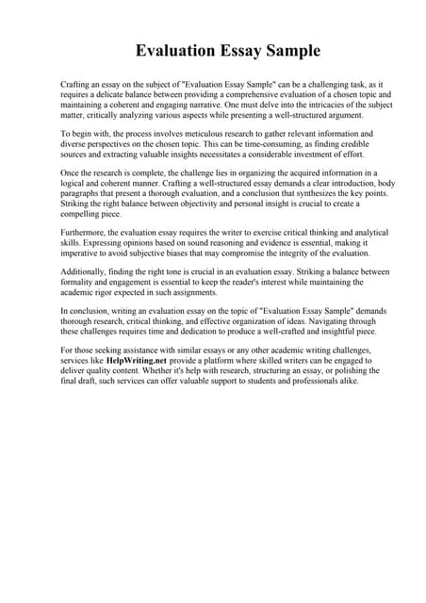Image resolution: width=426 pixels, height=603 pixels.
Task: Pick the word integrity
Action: pyautogui.click(x=298, y=255)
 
